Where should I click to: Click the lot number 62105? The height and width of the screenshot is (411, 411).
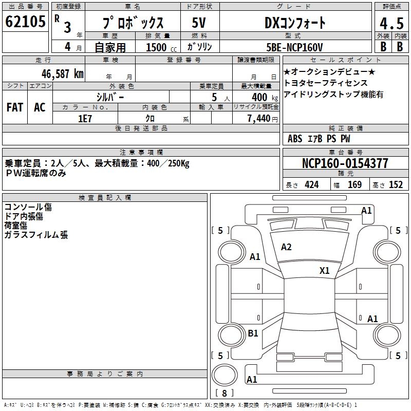25,22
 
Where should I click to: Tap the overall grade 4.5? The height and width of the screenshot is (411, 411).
392,24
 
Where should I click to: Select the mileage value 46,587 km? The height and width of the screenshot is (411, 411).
63,74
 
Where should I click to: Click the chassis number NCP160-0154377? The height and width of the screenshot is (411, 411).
345,163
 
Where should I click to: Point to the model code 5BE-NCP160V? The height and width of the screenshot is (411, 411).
294,47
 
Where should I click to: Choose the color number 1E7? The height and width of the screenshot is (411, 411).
85,119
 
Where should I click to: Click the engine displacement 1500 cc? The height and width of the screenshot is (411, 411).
161,47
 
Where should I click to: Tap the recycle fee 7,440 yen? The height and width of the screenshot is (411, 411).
263,119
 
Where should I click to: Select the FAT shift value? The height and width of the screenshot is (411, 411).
15,107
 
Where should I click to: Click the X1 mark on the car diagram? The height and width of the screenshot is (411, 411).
324,270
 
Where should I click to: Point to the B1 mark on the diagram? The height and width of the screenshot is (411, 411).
253,333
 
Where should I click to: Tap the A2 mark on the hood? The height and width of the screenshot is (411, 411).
286,247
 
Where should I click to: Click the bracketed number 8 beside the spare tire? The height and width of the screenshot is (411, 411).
225,393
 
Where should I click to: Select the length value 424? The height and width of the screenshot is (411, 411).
312,185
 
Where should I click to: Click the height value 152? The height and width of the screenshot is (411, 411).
396,185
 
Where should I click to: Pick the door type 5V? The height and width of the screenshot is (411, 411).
199,23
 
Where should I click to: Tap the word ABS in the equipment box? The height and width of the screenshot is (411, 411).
295,139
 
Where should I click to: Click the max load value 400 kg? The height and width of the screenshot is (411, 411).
265,98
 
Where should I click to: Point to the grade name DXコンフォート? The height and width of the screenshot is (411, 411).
295,23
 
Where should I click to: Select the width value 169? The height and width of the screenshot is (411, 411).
354,185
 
